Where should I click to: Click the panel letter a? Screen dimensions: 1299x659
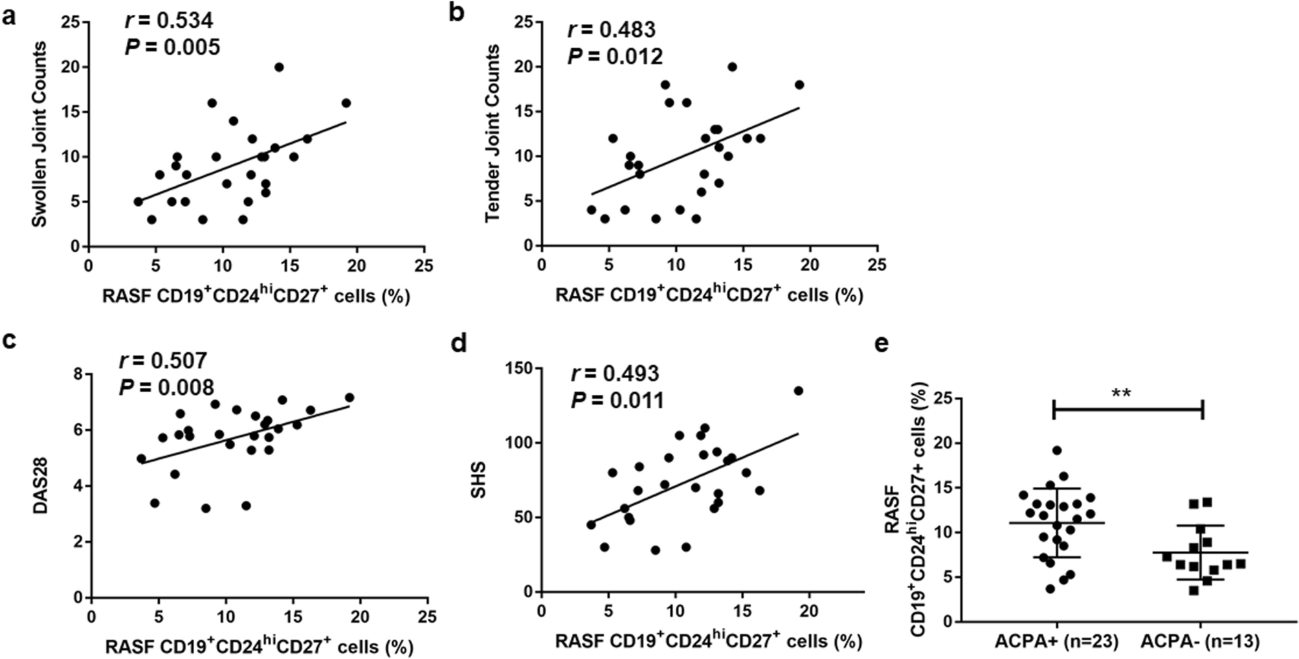9,16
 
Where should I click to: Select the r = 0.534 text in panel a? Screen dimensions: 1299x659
168,21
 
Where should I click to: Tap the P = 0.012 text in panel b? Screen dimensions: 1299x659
615,57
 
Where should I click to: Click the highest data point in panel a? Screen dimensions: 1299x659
279,67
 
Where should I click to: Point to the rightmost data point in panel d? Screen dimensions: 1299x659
798,390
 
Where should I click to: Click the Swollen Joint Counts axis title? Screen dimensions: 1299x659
40,135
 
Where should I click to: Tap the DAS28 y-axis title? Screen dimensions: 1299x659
42,486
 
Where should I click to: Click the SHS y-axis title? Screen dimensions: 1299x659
479,481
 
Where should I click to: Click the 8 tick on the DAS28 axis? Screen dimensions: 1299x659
79,374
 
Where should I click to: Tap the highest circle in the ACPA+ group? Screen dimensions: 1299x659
1057,450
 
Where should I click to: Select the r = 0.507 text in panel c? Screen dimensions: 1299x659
163,361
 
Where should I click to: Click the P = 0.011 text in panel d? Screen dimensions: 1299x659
617,401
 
